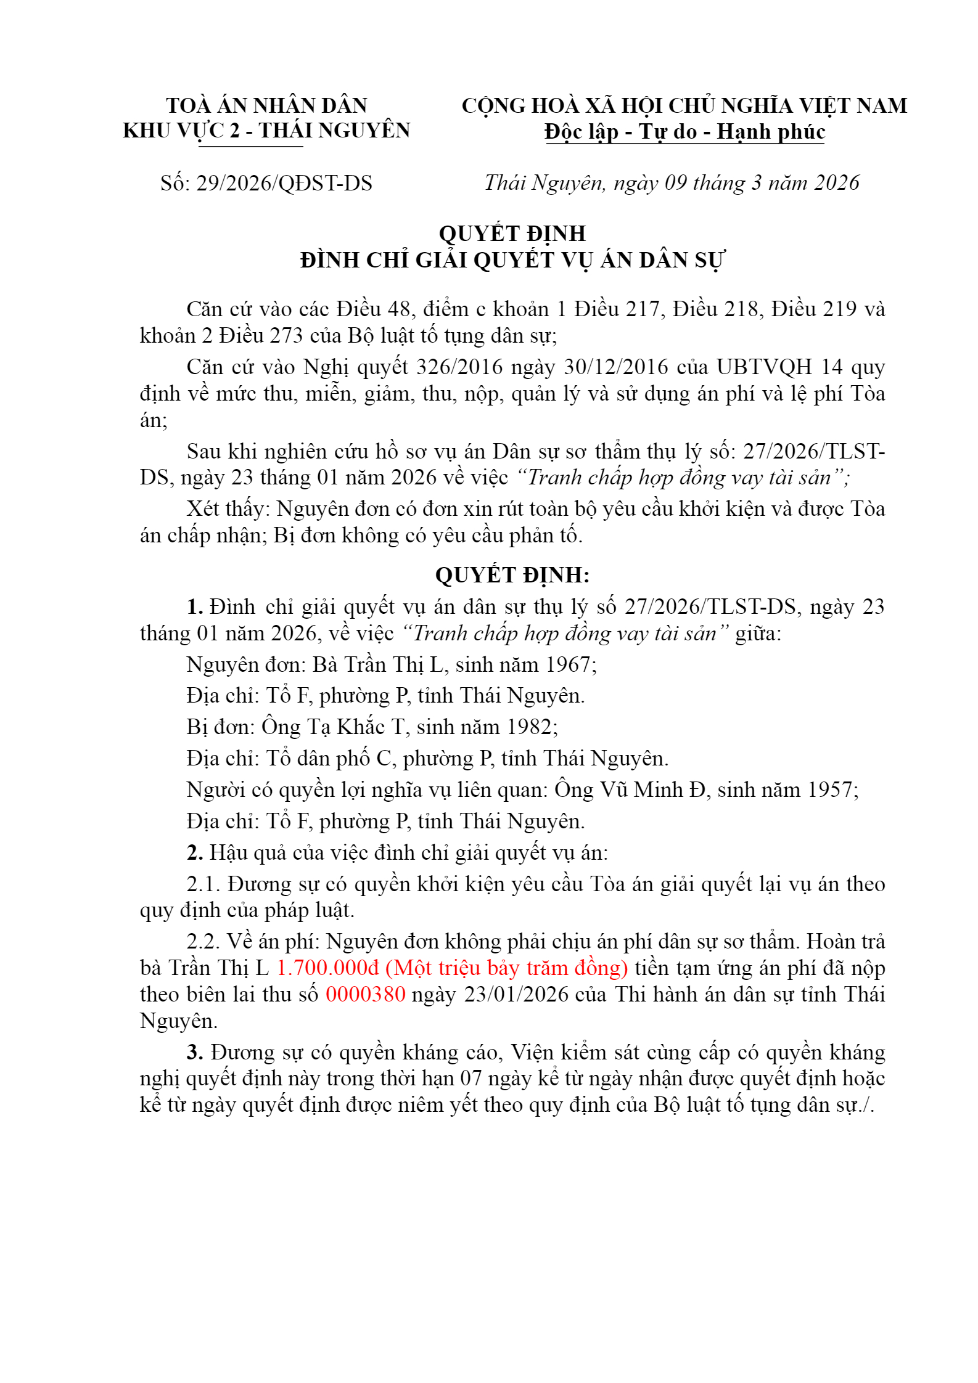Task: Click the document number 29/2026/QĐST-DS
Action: [x=284, y=183]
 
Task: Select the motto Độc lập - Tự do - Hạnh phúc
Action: [x=684, y=131]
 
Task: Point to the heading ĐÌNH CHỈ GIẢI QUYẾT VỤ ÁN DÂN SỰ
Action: [x=512, y=260]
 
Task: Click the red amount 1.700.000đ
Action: [x=327, y=968]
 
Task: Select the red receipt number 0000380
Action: [x=365, y=994]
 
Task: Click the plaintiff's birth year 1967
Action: [x=568, y=664]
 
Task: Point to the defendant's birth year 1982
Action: [x=530, y=727]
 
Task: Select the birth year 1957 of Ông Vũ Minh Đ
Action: [x=830, y=789]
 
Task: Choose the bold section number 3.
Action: [x=195, y=1052]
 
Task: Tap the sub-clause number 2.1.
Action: [x=203, y=884]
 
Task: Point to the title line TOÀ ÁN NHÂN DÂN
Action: [x=266, y=105]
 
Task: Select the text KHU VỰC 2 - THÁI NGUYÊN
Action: [x=266, y=131]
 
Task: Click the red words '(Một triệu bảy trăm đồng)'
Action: [x=507, y=968]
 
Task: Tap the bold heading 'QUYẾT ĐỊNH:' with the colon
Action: [x=512, y=574]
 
